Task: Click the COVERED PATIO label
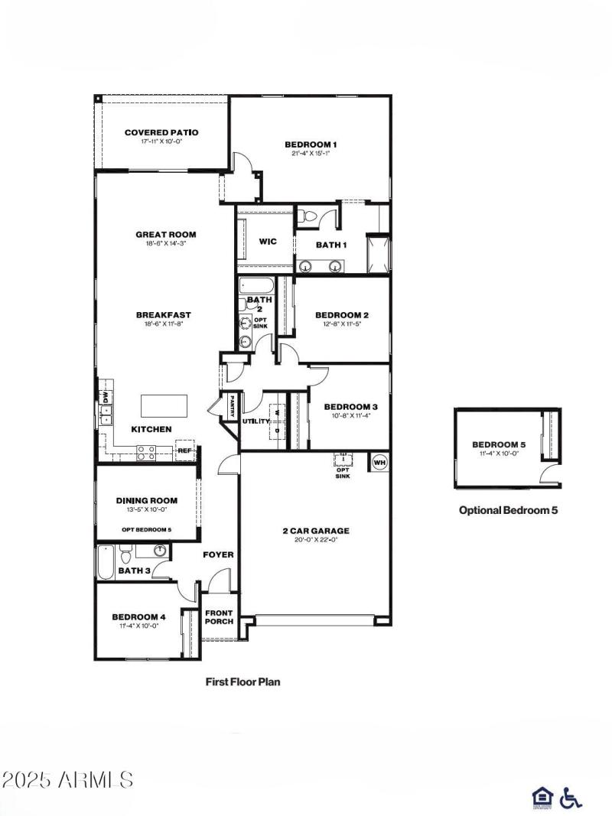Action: point(161,132)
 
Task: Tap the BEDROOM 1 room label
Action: point(311,144)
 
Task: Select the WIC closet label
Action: point(267,242)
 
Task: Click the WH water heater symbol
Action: point(379,461)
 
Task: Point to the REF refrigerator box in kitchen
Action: point(185,450)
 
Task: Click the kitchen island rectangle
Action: point(164,405)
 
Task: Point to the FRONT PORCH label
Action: point(219,617)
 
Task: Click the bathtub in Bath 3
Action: point(105,563)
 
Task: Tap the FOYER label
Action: point(218,554)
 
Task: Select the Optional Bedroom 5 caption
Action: point(508,510)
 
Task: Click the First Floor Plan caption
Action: point(243,681)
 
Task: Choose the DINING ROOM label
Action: point(147,500)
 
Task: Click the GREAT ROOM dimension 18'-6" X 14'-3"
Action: point(166,244)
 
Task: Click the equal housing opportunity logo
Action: point(541,798)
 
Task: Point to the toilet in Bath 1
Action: point(307,217)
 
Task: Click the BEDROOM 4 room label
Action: point(138,616)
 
